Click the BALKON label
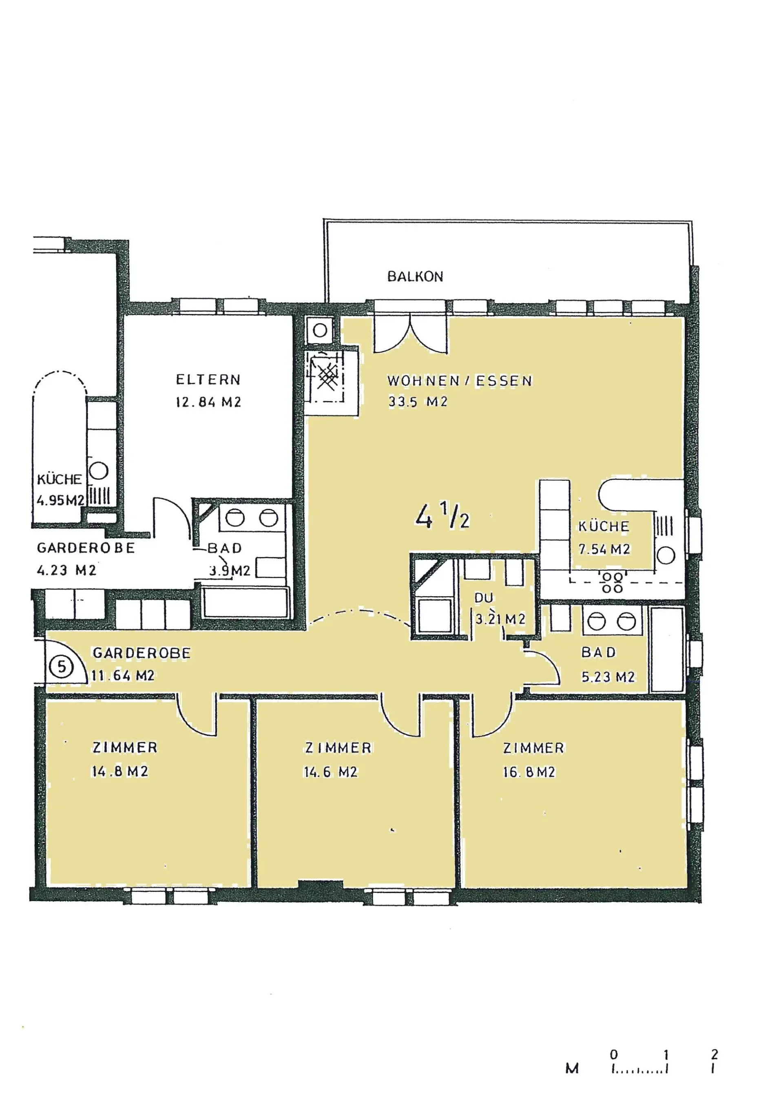coord(415,276)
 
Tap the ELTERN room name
coord(208,380)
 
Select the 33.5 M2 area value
coord(418,402)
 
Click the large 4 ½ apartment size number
coord(442,515)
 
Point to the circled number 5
coord(62,667)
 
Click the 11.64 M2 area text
coord(123,676)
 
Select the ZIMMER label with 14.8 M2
coord(125,747)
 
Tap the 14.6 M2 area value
coord(330,772)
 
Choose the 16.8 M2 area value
coord(529,772)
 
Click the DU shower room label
coord(484,598)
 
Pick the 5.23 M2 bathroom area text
coord(608,677)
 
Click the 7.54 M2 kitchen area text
coord(604,549)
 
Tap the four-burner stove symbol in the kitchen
coord(612,582)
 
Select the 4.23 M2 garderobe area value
coord(66,570)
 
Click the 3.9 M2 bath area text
coord(230,571)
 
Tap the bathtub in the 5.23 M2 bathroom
coord(667,649)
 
